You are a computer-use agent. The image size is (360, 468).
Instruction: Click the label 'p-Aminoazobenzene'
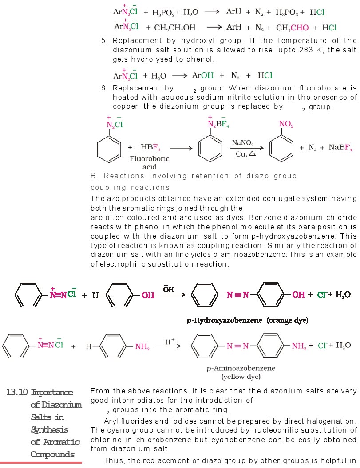(x=241, y=368)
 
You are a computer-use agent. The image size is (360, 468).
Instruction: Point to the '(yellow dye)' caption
(x=241, y=377)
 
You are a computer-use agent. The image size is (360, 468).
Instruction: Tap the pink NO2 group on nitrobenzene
(x=287, y=124)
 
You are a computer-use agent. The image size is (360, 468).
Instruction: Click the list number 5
(x=104, y=41)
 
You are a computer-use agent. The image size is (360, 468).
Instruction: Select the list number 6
(x=104, y=88)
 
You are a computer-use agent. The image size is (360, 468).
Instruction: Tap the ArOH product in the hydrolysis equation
(x=203, y=75)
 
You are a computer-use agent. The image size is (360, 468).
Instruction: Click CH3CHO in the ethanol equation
(x=292, y=28)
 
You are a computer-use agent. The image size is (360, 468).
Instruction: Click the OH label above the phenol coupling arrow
(x=168, y=290)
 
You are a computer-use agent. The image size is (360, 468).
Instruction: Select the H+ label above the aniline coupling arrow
(x=170, y=342)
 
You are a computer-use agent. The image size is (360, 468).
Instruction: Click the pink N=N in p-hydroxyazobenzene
(x=239, y=295)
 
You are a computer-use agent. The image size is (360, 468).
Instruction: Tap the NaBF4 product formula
(x=340, y=148)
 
